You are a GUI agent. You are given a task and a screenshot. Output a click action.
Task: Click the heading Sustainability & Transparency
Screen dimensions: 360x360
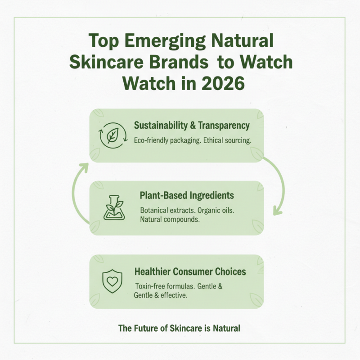pyautogui.click(x=192, y=126)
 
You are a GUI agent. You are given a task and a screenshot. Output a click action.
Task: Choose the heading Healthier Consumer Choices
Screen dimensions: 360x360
pyautogui.click(x=190, y=271)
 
